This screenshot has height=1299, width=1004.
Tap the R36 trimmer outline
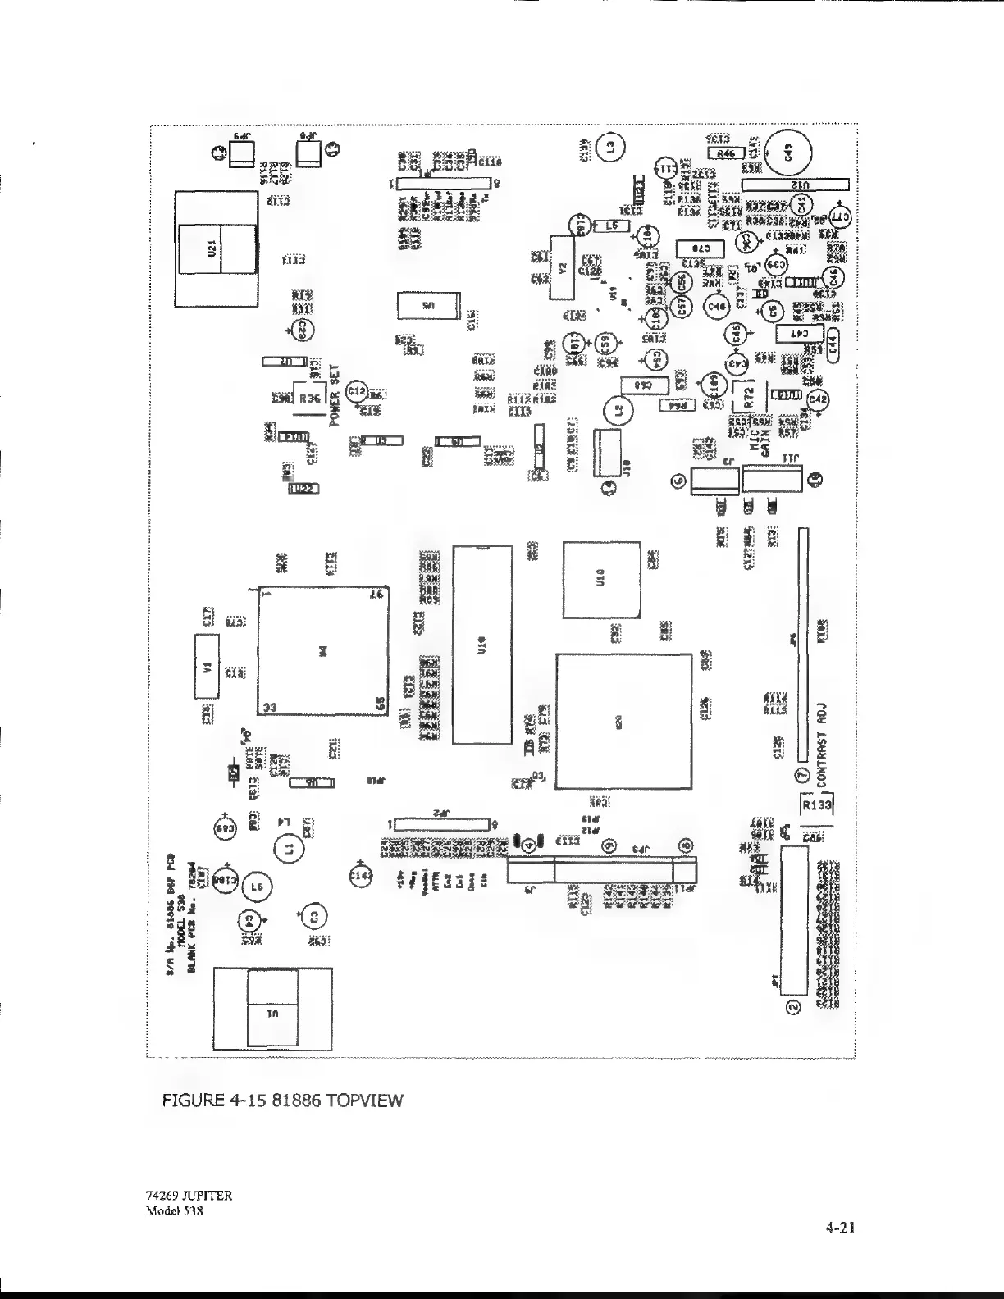tap(309, 398)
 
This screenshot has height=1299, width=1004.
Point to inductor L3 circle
tap(609, 147)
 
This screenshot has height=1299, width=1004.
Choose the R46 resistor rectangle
tap(725, 153)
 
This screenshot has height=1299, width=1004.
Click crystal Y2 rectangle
tap(562, 267)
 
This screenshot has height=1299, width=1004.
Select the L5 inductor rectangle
tap(610, 224)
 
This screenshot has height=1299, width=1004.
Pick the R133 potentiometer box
tap(816, 805)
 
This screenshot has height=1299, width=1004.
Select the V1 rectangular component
tap(207, 666)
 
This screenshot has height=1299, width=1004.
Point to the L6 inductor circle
tap(257, 887)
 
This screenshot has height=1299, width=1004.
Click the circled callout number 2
tap(792, 1007)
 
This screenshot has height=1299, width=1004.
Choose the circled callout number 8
tap(686, 845)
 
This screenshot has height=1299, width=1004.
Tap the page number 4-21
tap(841, 1228)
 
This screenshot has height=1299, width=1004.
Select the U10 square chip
tap(601, 578)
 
